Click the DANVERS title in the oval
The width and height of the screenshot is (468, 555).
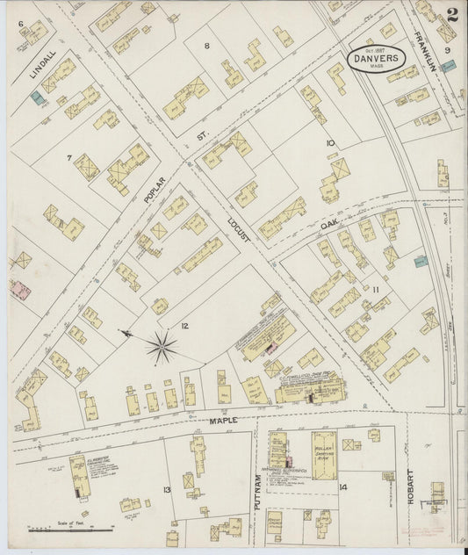377,57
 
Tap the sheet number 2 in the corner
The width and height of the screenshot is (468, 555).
451,14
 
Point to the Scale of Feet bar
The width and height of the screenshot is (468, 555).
69,529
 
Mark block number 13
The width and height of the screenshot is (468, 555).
166,488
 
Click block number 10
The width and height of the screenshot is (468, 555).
330,142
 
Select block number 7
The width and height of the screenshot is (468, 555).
68,158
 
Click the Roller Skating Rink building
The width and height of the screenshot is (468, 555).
325,455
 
